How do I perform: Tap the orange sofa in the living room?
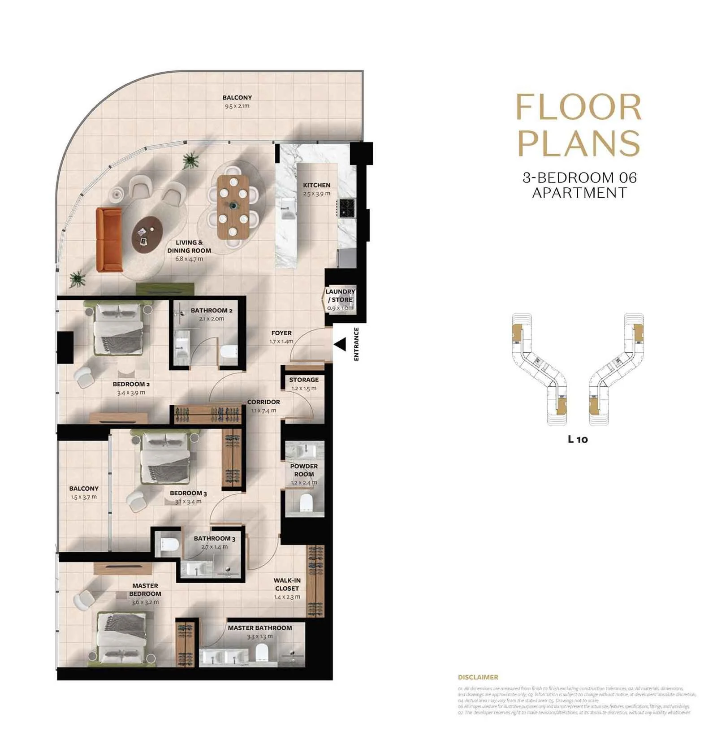108,240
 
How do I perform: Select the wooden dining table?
233,207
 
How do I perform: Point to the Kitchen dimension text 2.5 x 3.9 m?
316,194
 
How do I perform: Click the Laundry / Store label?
340,295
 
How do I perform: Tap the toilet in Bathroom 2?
229,351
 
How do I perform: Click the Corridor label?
263,402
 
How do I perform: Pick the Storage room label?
304,380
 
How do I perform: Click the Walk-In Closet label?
287,584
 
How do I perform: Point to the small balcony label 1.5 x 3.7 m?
84,497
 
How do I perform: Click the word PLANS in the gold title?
579,143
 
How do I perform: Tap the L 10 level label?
578,439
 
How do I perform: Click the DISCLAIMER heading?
478,677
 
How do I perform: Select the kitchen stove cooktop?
346,208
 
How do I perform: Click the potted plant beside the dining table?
191,160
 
